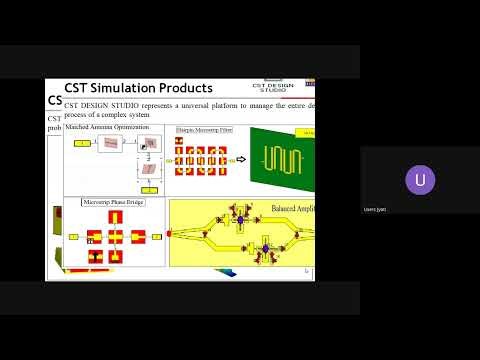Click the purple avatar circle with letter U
point(420,180)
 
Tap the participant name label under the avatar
point(374,209)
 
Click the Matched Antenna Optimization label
point(107,128)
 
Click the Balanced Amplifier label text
point(291,209)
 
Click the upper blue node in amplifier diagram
point(241,218)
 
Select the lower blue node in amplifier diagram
point(266,246)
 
